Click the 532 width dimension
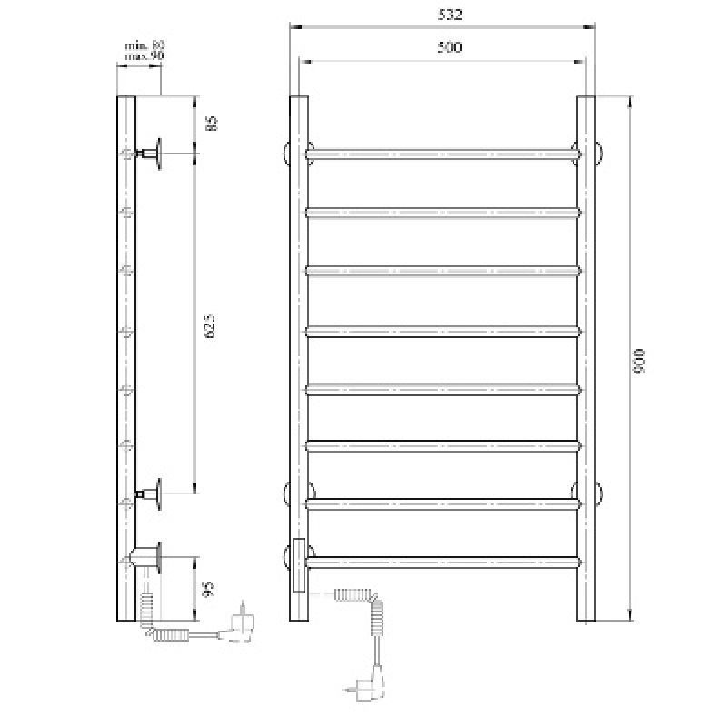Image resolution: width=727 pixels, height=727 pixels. pyautogui.click(x=442, y=15)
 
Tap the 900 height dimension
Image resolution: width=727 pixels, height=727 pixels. pyautogui.click(x=640, y=363)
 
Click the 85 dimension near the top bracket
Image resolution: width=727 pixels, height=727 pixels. pyautogui.click(x=212, y=123)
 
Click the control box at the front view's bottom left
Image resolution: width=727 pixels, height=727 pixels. pyautogui.click(x=298, y=564)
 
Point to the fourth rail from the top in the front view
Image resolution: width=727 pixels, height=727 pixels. pyautogui.click(x=442, y=329)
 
